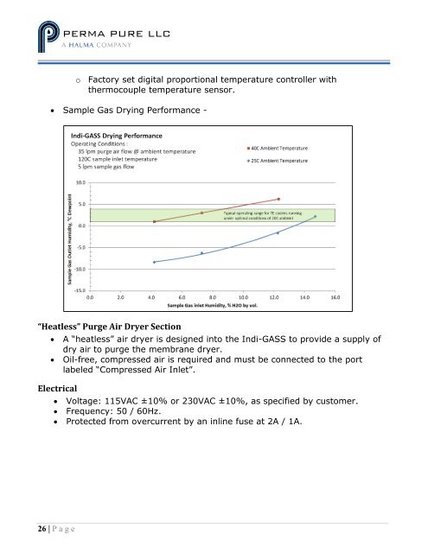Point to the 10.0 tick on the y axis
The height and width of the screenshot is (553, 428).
point(80,182)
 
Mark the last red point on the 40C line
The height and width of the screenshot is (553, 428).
point(278,200)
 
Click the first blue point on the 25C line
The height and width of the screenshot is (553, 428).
point(154,262)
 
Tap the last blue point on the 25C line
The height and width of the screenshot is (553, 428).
point(316,217)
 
